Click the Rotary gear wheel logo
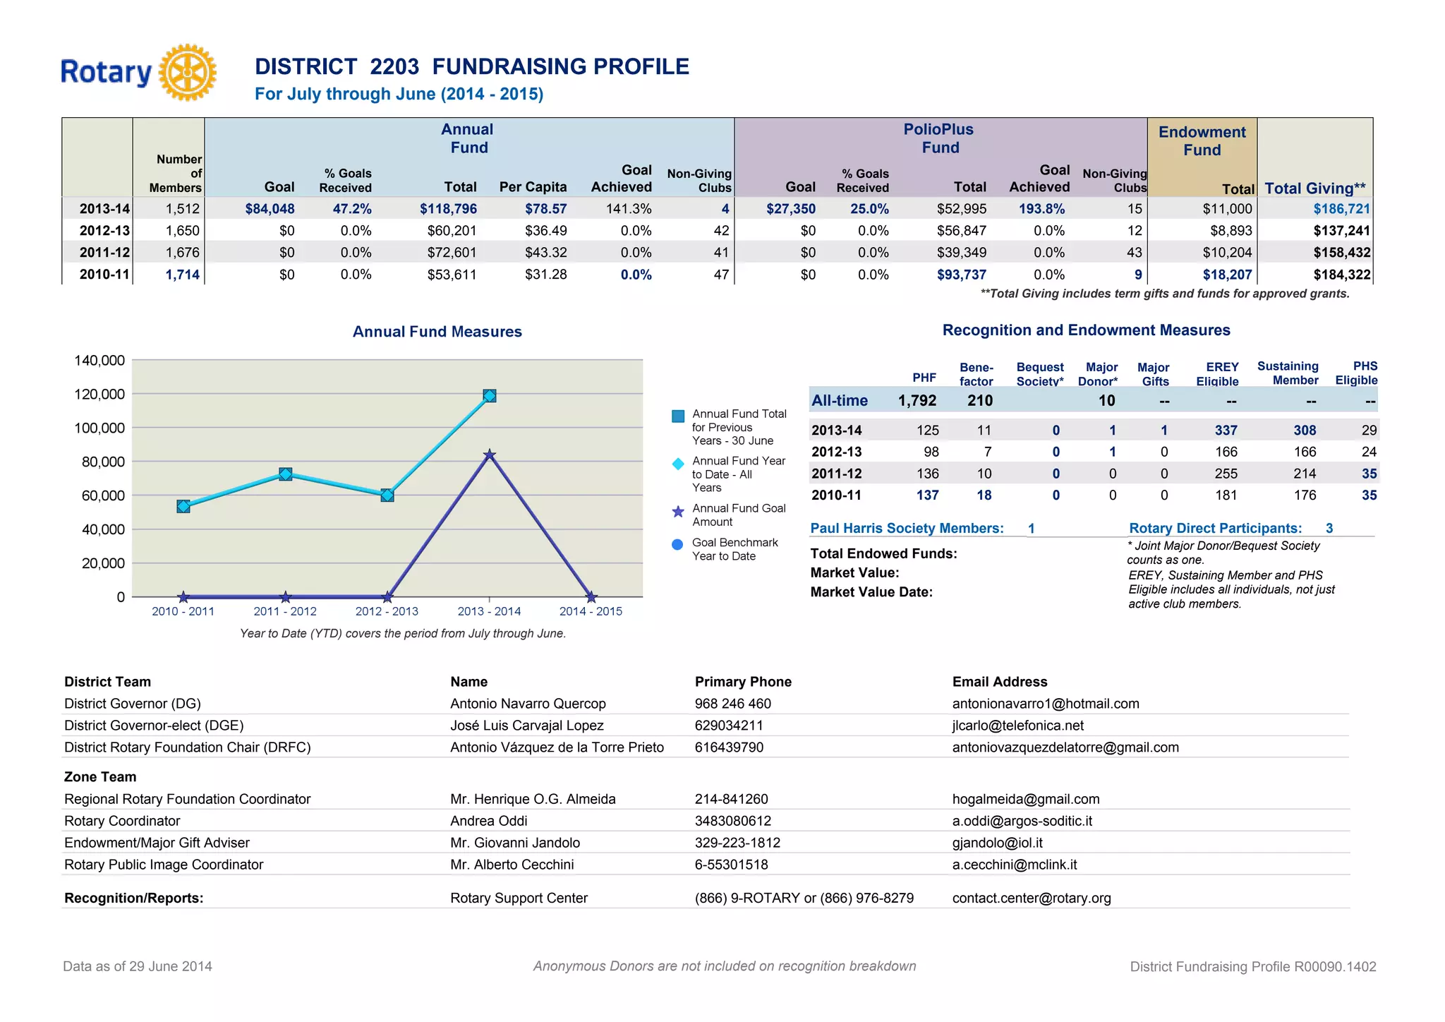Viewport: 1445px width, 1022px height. (187, 72)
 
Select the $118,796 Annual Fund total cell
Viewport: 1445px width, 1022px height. (448, 209)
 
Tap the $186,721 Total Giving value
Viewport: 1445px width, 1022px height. (1341, 209)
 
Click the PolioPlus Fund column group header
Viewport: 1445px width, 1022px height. (939, 138)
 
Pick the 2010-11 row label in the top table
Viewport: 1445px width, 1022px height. (104, 275)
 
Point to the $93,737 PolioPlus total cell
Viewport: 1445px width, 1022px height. (961, 275)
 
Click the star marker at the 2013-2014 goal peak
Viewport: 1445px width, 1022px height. (489, 455)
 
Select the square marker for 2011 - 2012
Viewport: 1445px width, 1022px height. (285, 474)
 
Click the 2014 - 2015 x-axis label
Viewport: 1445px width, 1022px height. (591, 611)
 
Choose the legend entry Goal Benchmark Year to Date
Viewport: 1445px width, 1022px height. (734, 549)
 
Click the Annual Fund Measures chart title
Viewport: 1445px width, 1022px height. (437, 332)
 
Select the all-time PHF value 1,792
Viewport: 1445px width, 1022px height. (917, 401)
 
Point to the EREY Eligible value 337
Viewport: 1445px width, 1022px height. (1226, 431)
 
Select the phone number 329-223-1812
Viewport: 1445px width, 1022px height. (737, 843)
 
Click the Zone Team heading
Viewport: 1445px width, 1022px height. (100, 777)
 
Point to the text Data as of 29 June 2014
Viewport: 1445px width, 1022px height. (138, 966)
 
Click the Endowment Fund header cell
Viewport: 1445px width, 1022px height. (1202, 141)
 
